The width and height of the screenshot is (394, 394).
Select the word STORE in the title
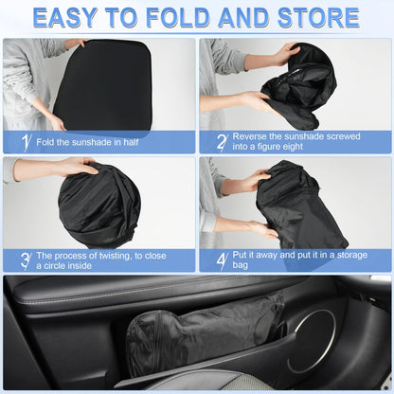coord(313,17)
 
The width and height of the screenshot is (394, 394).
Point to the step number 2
coord(220,142)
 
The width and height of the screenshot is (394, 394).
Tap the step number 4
coord(220,260)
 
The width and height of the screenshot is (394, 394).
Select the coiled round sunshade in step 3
coord(98,205)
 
